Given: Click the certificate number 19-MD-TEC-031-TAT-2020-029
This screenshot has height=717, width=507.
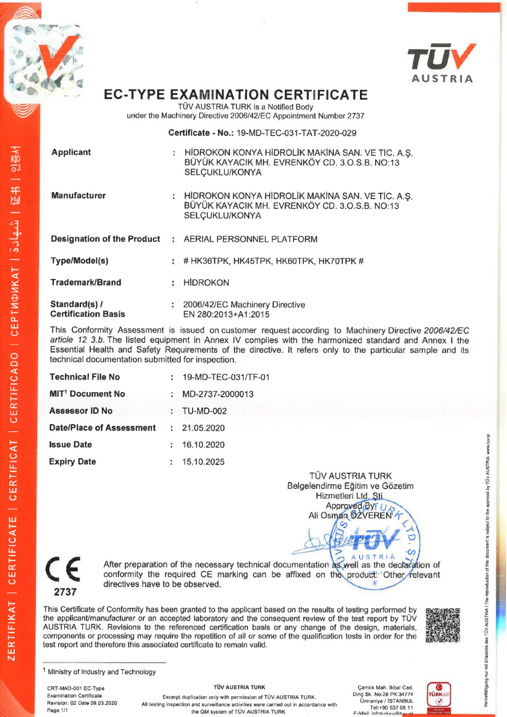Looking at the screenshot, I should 296,133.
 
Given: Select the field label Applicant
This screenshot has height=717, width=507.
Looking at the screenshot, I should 71,153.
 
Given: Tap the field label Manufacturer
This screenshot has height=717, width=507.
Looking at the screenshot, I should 78,196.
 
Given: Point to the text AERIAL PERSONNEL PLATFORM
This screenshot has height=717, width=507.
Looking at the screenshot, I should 250,239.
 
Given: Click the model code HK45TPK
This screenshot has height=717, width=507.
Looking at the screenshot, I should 252,261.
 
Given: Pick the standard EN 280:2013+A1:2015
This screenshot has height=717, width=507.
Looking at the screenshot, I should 226,314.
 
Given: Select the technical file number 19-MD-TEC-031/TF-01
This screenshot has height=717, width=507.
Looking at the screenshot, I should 226,377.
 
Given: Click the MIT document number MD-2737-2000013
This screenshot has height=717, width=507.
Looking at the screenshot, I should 218,394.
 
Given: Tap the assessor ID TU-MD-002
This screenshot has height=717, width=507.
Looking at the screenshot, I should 204,411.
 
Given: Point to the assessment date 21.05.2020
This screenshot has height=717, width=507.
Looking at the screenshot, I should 203,428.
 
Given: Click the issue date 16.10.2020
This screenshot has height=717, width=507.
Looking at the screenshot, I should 203,445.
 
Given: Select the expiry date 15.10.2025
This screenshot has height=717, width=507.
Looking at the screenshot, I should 203,462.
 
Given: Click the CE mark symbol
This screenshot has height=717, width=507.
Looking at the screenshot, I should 64,570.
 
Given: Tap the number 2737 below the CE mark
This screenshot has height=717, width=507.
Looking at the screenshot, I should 65,592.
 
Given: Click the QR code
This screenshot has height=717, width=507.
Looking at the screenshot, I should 442,625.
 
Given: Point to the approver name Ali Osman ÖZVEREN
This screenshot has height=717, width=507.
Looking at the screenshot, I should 350,515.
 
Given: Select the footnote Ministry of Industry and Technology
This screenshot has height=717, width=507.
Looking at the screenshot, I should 101,672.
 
